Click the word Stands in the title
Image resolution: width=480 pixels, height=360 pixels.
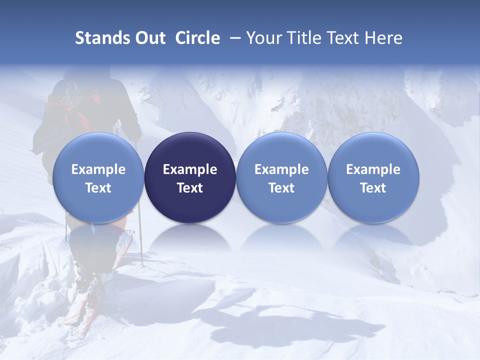click(102, 38)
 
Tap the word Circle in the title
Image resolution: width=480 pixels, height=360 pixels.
click(197, 38)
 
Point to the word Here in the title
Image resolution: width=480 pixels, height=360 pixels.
click(383, 38)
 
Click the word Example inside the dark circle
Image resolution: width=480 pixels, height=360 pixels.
click(190, 169)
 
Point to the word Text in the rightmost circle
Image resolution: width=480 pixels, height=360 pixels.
click(373, 188)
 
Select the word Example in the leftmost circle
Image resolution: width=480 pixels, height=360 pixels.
click(98, 169)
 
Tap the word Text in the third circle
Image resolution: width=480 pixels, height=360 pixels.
click(281, 188)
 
